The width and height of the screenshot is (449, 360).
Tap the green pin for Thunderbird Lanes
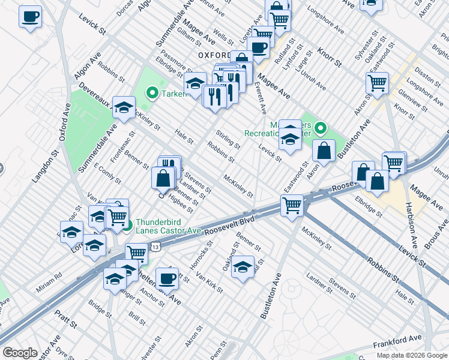click(x=128, y=226)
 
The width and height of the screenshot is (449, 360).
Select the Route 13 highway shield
click(x=155, y=246)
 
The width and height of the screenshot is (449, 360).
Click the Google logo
click(x=20, y=353)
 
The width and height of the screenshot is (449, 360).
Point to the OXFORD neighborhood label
click(x=214, y=55)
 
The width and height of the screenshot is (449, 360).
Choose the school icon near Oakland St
click(x=243, y=266)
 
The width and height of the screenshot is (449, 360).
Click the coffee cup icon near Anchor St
click(x=167, y=278)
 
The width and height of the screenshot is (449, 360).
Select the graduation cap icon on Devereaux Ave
click(x=124, y=107)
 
